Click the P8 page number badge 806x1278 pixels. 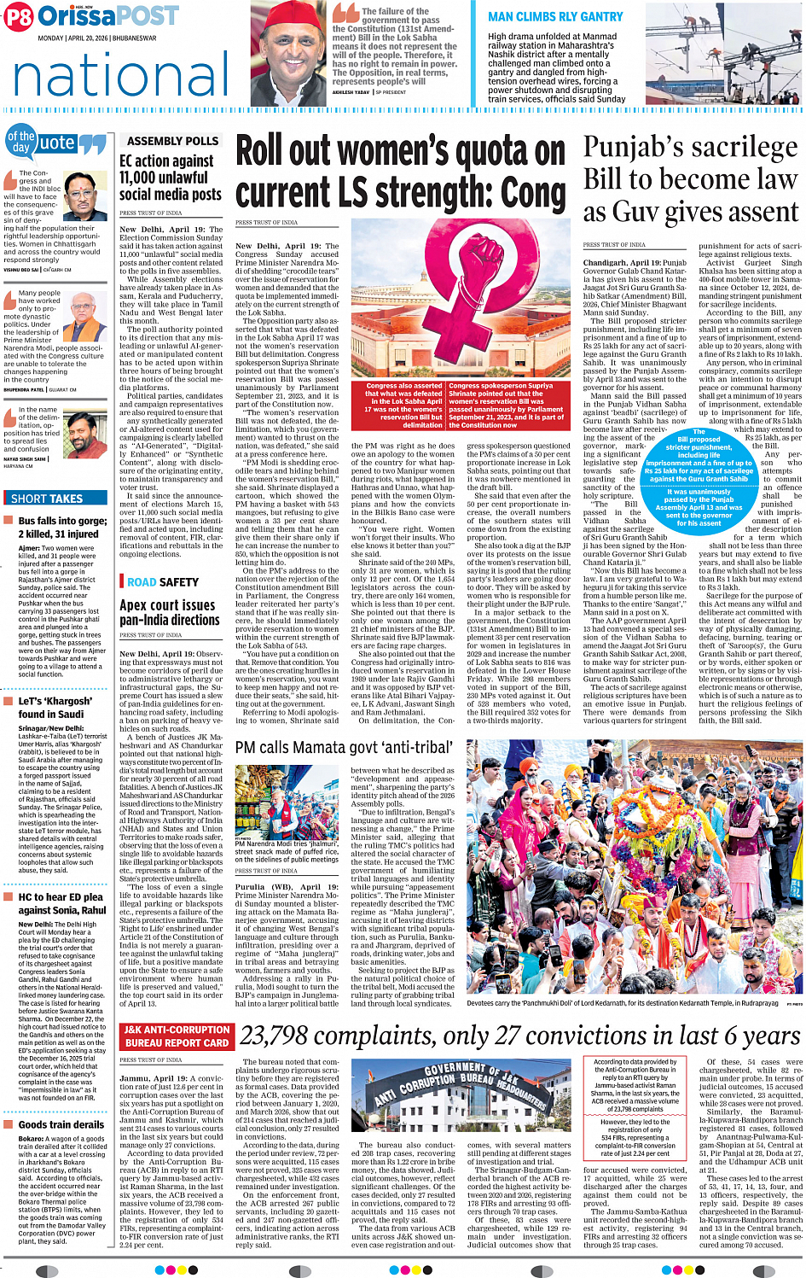coord(19,17)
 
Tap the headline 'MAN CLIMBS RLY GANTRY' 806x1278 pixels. coord(555,16)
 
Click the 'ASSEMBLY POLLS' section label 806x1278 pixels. coord(172,141)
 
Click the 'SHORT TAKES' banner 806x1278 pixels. coord(47,499)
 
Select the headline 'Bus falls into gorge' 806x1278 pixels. coord(62,521)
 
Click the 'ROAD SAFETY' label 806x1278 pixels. coord(163,582)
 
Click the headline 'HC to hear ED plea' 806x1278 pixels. coord(62,904)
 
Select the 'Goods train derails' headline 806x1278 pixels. coord(61,1125)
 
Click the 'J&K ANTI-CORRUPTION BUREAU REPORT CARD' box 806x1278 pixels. coord(176,1036)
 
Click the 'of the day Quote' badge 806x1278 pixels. coord(56,143)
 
